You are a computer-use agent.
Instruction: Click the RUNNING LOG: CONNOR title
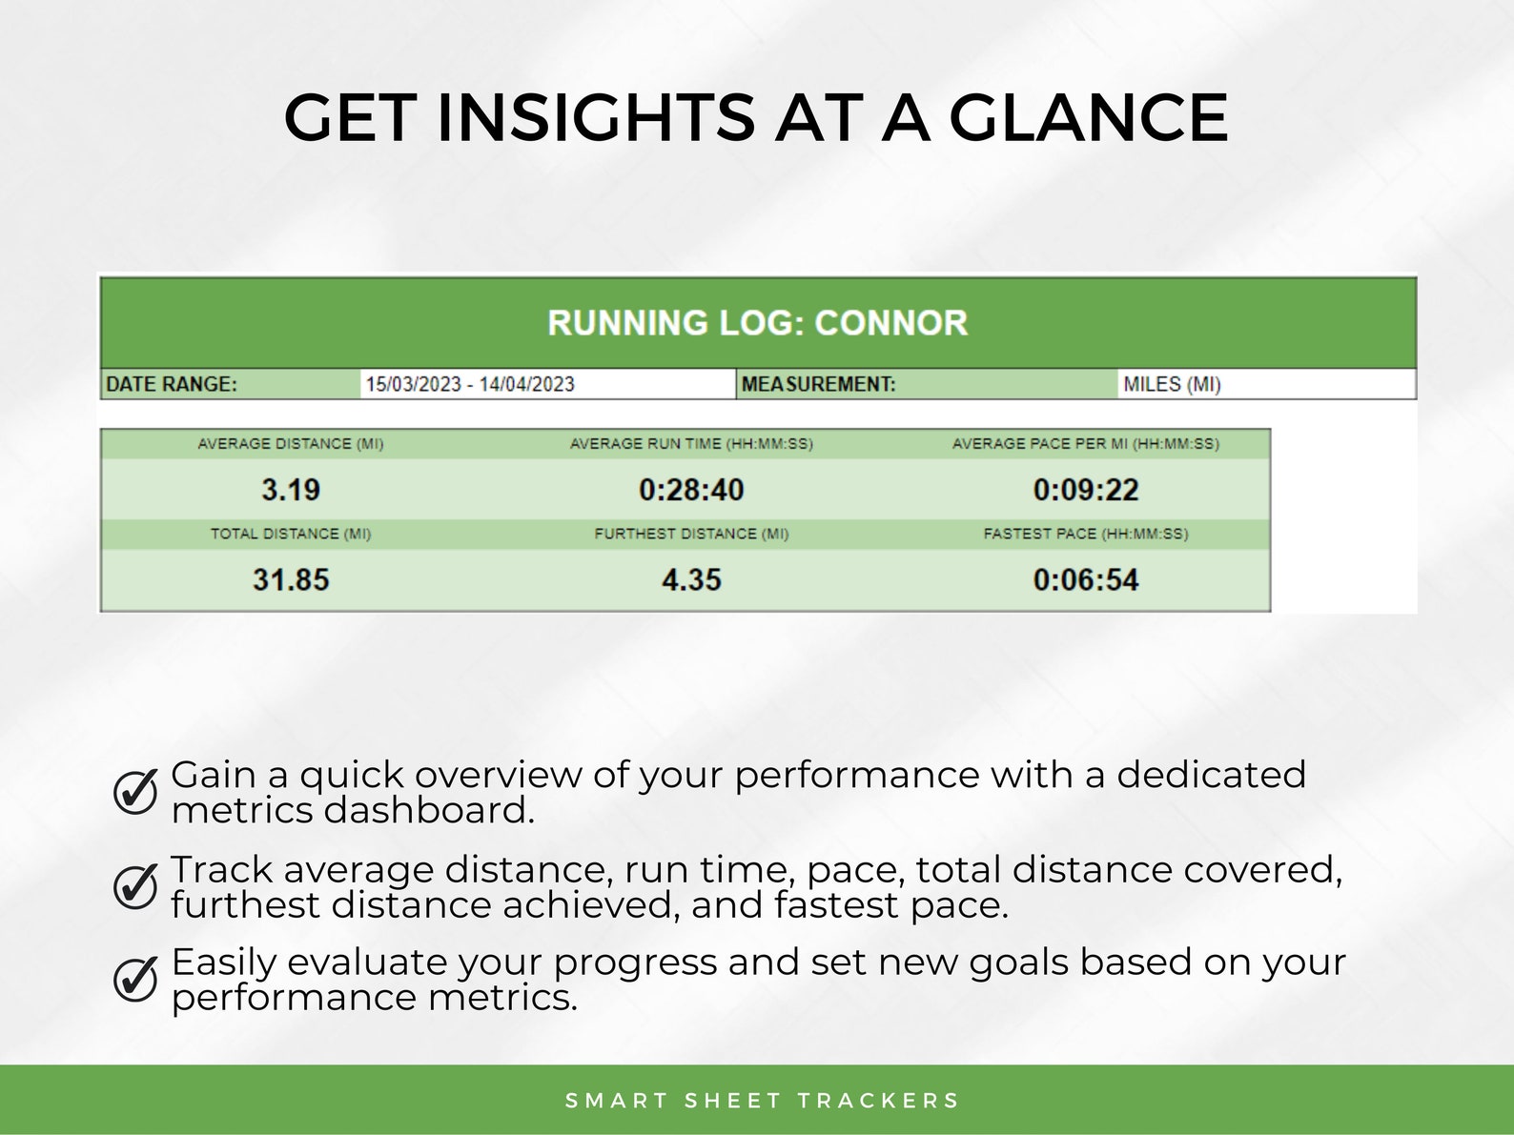[757, 323]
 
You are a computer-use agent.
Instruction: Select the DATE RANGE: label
[172, 384]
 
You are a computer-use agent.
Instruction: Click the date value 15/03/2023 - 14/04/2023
[470, 384]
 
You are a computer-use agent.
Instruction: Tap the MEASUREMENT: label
[818, 384]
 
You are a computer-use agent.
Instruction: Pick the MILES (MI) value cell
[1172, 384]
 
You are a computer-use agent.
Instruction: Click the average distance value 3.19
[291, 490]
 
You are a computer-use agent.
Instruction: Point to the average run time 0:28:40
[691, 490]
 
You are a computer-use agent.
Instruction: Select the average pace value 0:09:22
[1086, 490]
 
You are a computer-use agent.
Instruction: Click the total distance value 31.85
[291, 579]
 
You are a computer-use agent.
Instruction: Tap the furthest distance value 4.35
[691, 579]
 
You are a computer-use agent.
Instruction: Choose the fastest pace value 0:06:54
[1086, 579]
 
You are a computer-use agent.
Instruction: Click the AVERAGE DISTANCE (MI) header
[291, 444]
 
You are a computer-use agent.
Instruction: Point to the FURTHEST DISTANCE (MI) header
[691, 534]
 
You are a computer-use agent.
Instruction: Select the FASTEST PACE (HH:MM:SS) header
[1086, 534]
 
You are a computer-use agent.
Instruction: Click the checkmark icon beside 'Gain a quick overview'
[135, 791]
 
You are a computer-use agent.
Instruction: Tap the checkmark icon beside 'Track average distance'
[135, 885]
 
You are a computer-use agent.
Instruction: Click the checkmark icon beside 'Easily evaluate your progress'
[135, 978]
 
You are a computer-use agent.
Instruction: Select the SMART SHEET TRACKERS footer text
[762, 1101]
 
